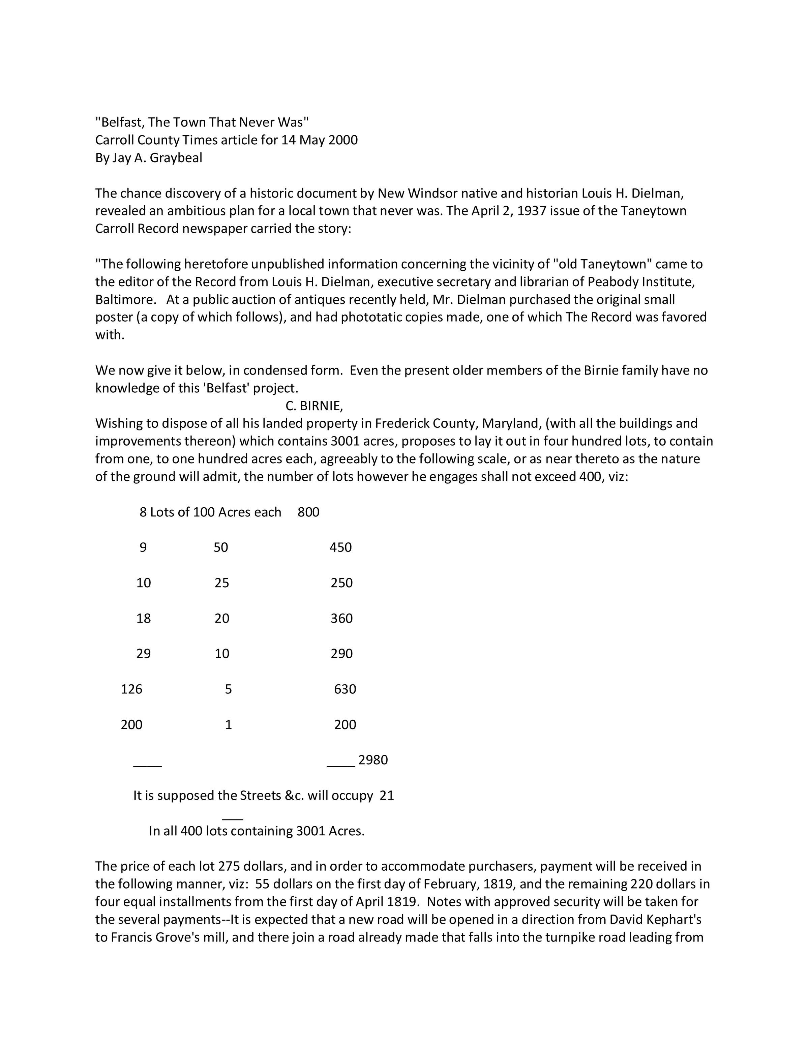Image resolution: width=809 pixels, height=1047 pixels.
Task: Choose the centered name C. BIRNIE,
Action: point(314,406)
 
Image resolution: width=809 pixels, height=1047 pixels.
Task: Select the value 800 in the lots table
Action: point(308,512)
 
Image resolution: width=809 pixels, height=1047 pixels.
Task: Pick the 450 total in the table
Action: point(341,547)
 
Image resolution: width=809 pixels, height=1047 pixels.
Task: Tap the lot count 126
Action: point(131,689)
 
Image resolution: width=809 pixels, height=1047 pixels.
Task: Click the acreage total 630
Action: point(345,689)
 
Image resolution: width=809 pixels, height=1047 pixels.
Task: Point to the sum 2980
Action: point(373,760)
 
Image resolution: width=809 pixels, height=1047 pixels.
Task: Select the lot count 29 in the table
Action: point(144,654)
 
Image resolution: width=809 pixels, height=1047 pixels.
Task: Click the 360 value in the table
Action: point(342,619)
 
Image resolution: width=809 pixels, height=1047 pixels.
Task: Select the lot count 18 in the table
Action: point(144,619)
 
